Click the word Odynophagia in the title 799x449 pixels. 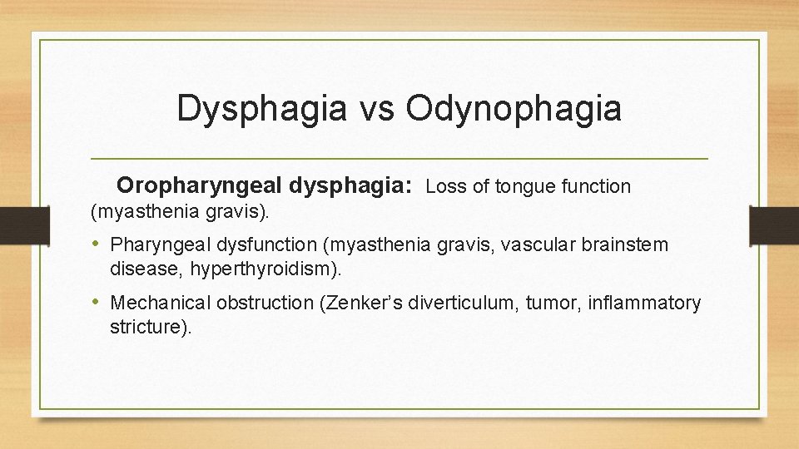[514, 110]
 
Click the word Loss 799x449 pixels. [446, 186]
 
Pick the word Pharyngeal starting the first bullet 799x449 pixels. [155, 245]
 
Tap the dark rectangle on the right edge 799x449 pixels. [774, 225]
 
